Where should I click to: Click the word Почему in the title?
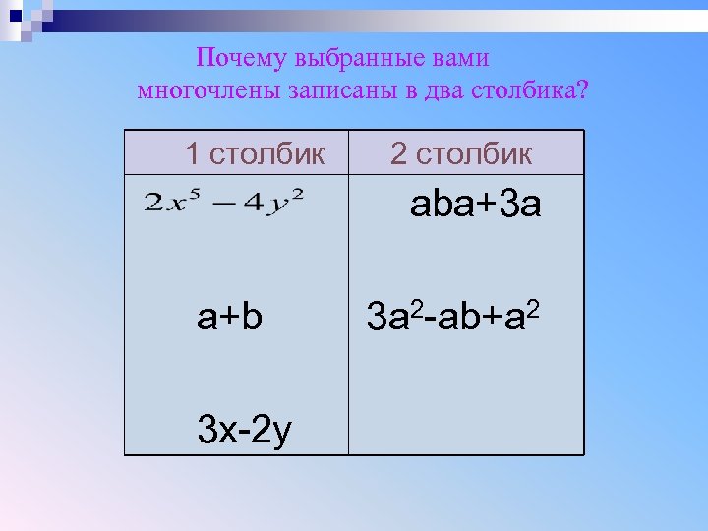pyautogui.click(x=231, y=58)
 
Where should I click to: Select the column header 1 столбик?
pyautogui.click(x=254, y=153)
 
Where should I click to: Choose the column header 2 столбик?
pyautogui.click(x=461, y=153)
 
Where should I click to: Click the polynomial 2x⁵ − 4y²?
pyautogui.click(x=224, y=204)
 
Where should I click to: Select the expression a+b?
pyautogui.click(x=229, y=317)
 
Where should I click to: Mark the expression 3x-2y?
pyautogui.click(x=243, y=429)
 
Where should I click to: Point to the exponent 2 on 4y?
pyautogui.click(x=298, y=193)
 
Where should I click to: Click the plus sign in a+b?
pyautogui.click(x=230, y=318)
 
